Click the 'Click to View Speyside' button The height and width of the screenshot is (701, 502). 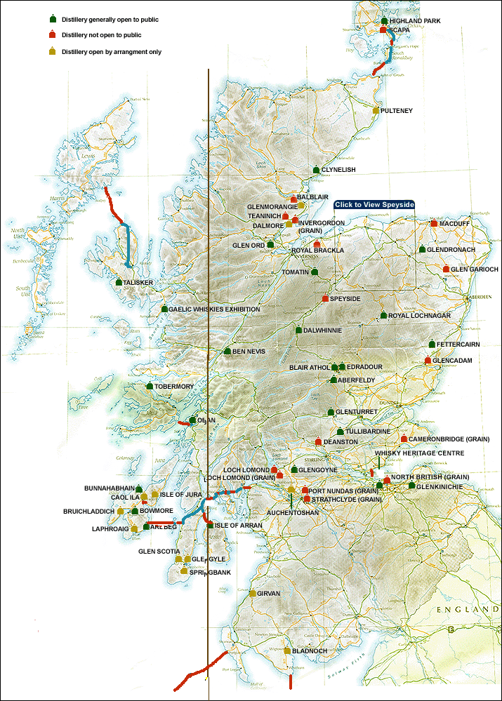pyautogui.click(x=374, y=204)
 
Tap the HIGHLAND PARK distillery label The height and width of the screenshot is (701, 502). pyautogui.click(x=415, y=21)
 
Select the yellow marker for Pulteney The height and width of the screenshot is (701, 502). pyautogui.click(x=376, y=110)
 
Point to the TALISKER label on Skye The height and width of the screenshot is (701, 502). pyautogui.click(x=138, y=283)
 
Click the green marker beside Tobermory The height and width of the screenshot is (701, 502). pyautogui.click(x=149, y=386)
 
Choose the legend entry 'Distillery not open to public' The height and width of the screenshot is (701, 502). pyautogui.click(x=101, y=34)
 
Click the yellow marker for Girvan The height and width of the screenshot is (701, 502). pyautogui.click(x=253, y=593)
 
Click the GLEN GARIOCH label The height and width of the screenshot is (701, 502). pyautogui.click(x=475, y=269)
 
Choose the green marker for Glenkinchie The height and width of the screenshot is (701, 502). pyautogui.click(x=411, y=484)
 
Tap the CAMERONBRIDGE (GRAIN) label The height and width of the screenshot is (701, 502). pyautogui.click(x=449, y=439)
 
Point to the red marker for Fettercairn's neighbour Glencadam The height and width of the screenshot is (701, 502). pyautogui.click(x=428, y=360)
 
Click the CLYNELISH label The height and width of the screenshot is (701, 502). pyautogui.click(x=339, y=170)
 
